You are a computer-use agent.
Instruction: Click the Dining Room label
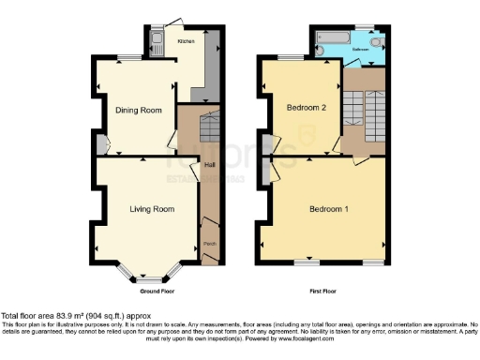(139, 111)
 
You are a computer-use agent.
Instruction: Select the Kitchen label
(187, 41)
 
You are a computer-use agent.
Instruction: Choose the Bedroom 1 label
(330, 208)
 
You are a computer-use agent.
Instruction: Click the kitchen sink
(157, 40)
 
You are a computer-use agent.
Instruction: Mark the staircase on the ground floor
(210, 123)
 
